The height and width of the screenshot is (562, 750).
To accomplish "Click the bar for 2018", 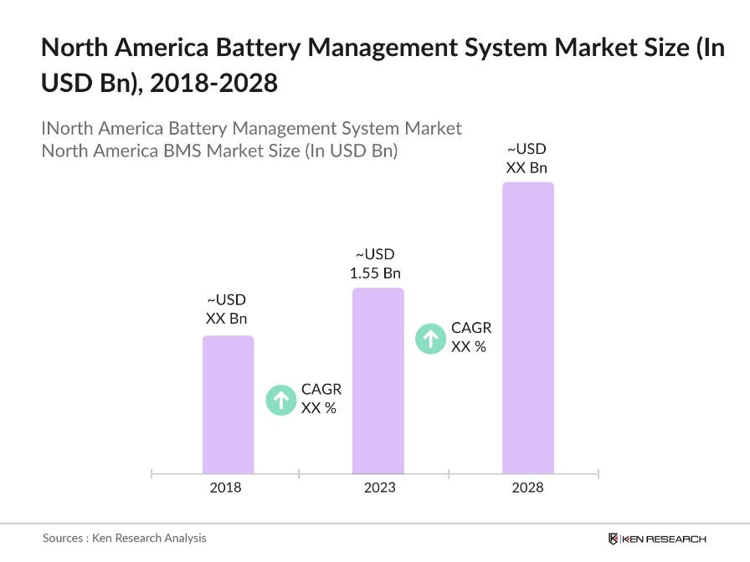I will [x=228, y=405].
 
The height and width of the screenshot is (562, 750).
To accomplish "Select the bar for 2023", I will [x=378, y=381].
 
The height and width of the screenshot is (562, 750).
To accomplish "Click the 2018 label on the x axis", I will [x=225, y=488].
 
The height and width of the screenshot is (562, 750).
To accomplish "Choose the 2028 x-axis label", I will [x=527, y=488].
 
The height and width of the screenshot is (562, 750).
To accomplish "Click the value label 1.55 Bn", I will [x=375, y=273].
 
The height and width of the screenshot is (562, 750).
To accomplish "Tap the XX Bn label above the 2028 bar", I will [x=527, y=167].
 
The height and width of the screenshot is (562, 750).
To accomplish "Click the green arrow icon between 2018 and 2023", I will [x=280, y=400].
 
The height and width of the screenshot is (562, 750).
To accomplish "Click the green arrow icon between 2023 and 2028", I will [x=430, y=338].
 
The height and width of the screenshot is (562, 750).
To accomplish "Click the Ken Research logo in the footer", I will [x=657, y=539].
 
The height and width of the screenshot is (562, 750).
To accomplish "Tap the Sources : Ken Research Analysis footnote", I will [x=124, y=538].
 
